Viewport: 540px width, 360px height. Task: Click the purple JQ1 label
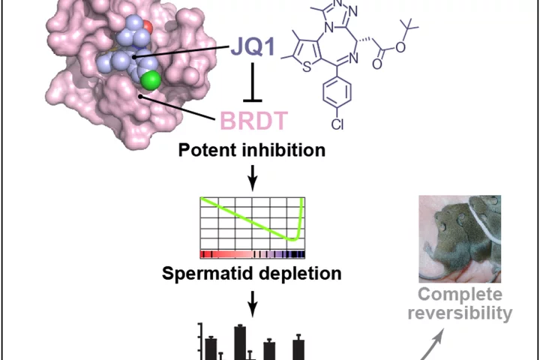click(253, 46)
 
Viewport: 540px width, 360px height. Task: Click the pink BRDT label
click(253, 121)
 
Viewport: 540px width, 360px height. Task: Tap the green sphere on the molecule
click(151, 80)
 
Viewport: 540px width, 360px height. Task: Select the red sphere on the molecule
click(147, 26)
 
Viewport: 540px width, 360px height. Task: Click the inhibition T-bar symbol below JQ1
click(253, 82)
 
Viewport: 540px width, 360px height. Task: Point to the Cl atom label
click(337, 124)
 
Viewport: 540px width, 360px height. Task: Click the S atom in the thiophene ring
click(307, 67)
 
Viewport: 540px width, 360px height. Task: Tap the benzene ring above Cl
click(337, 92)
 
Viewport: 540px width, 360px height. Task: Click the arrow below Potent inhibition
click(253, 178)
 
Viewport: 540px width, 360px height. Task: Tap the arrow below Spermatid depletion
click(253, 304)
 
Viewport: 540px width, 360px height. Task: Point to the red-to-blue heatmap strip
click(253, 254)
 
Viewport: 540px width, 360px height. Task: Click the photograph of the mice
click(460, 239)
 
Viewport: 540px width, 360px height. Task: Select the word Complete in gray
click(460, 295)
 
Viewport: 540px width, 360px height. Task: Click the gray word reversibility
click(460, 313)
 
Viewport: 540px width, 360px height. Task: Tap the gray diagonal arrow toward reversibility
click(431, 344)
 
